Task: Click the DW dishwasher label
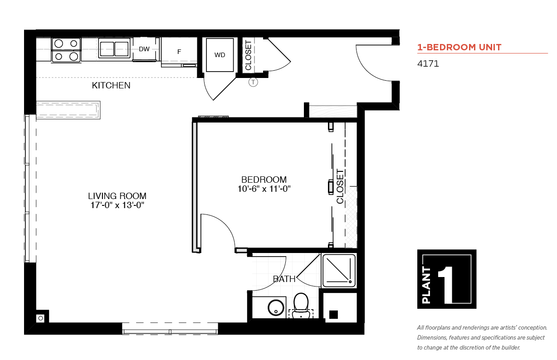coord(144,49)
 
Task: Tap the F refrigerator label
coord(179,52)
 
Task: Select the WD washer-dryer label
coord(220,55)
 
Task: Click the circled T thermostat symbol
coord(253,82)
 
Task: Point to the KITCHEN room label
coord(111,86)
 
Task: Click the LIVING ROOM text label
coord(117,196)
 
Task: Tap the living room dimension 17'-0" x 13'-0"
coord(117,205)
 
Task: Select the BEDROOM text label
coord(264,180)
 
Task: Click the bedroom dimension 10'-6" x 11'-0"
coord(264,189)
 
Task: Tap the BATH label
coord(284,279)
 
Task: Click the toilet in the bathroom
coord(301,306)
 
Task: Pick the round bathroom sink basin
coord(276,308)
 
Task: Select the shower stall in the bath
coord(339,271)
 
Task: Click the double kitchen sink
coord(114,49)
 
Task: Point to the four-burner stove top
coord(66,50)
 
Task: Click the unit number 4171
coord(428,64)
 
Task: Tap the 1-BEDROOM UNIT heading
coord(459,47)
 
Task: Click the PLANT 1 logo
coord(447,279)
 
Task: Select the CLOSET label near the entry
coord(249,55)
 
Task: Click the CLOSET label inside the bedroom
coord(340,186)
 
